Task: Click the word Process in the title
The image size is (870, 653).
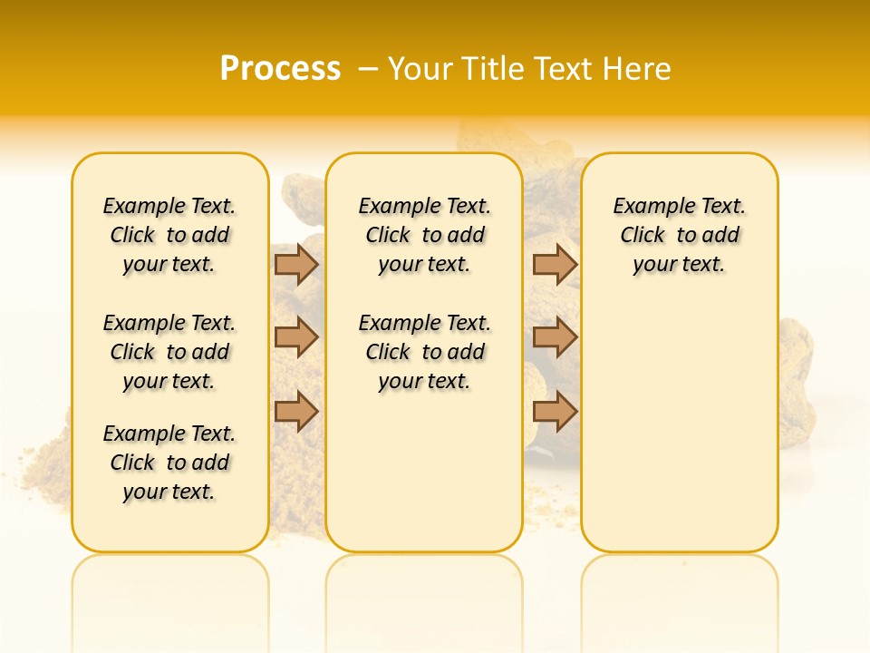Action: pyautogui.click(x=280, y=68)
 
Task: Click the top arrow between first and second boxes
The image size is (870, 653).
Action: pyautogui.click(x=296, y=265)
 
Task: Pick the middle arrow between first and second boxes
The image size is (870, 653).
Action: pyautogui.click(x=296, y=337)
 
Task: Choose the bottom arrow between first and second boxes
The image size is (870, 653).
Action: pyautogui.click(x=296, y=413)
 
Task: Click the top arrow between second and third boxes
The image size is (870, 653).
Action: pyautogui.click(x=555, y=265)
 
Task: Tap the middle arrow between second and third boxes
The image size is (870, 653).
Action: pyautogui.click(x=555, y=337)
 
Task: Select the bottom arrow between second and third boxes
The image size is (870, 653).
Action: pyautogui.click(x=555, y=413)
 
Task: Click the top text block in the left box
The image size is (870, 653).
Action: pyautogui.click(x=169, y=235)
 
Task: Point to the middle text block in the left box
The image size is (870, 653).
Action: pyautogui.click(x=169, y=352)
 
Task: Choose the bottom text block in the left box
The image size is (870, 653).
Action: pyautogui.click(x=169, y=463)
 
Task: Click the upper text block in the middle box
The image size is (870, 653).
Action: pyautogui.click(x=424, y=235)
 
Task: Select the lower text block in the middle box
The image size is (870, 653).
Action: pyautogui.click(x=424, y=352)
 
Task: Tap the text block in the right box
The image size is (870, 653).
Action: pyautogui.click(x=680, y=235)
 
